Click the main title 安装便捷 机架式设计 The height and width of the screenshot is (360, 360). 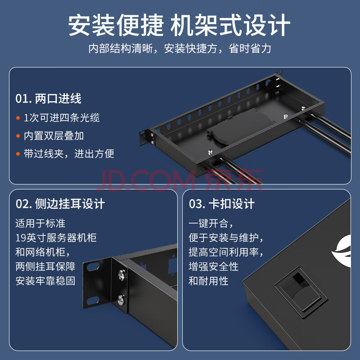(x=179, y=25)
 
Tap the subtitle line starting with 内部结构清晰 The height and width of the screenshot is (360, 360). (x=180, y=49)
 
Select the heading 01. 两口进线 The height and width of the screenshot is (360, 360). (x=49, y=99)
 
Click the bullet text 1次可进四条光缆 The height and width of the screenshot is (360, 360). (x=62, y=118)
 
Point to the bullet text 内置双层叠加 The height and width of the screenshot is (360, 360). (x=54, y=136)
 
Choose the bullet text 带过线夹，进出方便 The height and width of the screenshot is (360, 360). (x=69, y=153)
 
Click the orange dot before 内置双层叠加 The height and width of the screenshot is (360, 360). (x=18, y=136)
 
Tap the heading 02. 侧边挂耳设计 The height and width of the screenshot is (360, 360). (x=60, y=204)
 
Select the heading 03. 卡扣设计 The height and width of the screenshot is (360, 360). (x=222, y=204)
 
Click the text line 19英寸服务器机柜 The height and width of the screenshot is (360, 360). (x=56, y=238)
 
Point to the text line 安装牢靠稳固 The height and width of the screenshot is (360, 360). (x=45, y=281)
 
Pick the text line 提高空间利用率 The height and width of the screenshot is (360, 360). (x=226, y=252)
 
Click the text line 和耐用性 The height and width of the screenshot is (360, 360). (x=208, y=281)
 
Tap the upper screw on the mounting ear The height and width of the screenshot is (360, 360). (x=121, y=275)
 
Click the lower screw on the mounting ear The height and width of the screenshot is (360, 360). (x=121, y=300)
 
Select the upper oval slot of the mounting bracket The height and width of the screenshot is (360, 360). (x=93, y=266)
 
